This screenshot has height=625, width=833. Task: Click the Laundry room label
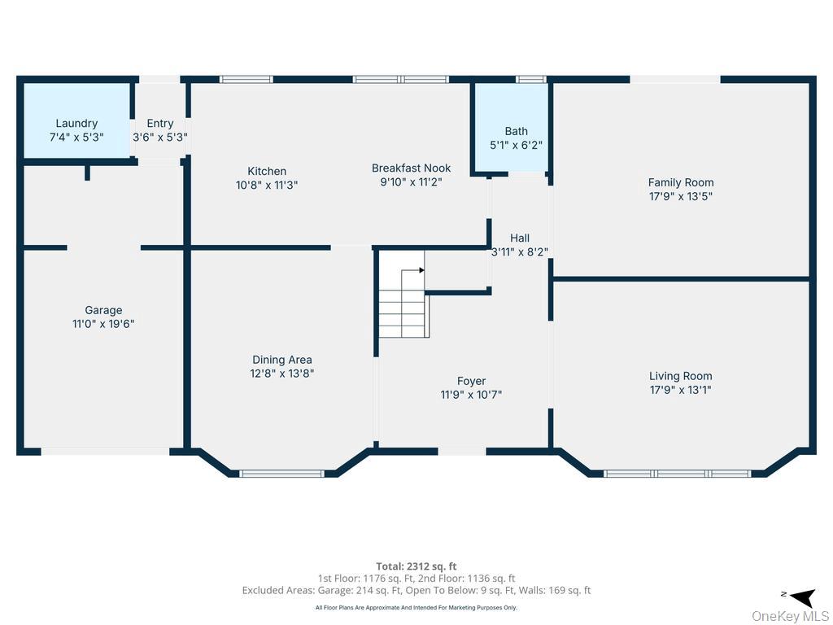[x=76, y=124]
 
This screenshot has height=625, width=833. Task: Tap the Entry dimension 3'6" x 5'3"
[x=160, y=138]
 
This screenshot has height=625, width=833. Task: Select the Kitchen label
[x=267, y=171]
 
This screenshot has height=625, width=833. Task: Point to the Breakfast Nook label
[x=411, y=168]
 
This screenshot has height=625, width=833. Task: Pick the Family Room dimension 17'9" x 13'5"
[x=681, y=196]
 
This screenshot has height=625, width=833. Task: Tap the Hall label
[x=520, y=238]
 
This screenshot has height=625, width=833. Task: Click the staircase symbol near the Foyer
[x=403, y=305]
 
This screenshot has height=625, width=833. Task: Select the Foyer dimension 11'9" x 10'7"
[x=471, y=395]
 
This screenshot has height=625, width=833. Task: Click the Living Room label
[x=681, y=376]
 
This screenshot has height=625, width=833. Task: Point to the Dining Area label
[x=282, y=360]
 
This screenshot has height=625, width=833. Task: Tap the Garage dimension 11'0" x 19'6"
[x=103, y=324]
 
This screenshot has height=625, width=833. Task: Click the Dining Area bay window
[x=282, y=473]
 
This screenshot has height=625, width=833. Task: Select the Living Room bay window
[x=678, y=473]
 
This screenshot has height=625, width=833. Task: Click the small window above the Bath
[x=531, y=79]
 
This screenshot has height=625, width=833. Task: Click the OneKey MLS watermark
[x=790, y=616]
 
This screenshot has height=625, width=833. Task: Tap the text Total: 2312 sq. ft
[x=416, y=566]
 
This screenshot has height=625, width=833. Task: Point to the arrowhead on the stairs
[x=421, y=269]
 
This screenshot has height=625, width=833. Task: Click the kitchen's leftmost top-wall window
[x=246, y=79]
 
